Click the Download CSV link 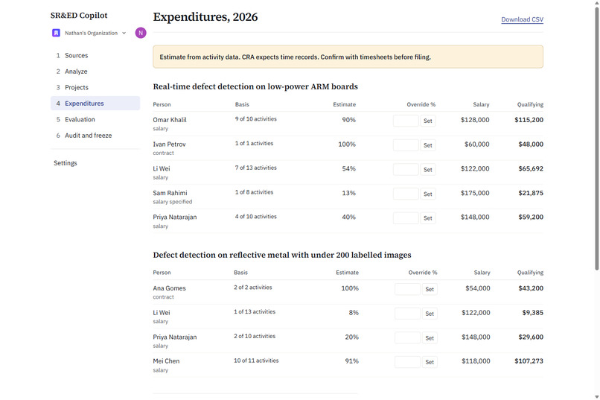pyautogui.click(x=522, y=19)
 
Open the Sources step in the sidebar pyautogui.click(x=76, y=56)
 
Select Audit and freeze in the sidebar pyautogui.click(x=88, y=136)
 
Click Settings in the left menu pyautogui.click(x=66, y=163)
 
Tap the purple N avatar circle pyautogui.click(x=141, y=33)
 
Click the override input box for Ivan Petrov pyautogui.click(x=406, y=145)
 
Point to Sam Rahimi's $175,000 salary pyautogui.click(x=475, y=193)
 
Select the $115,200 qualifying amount pyautogui.click(x=529, y=120)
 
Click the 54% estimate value pyautogui.click(x=348, y=168)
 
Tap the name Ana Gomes pyautogui.click(x=169, y=288)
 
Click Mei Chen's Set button pyautogui.click(x=430, y=362)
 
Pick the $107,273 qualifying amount pyautogui.click(x=529, y=361)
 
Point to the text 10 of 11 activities pyautogui.click(x=256, y=361)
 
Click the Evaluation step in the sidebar pyautogui.click(x=80, y=119)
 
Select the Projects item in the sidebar pyautogui.click(x=77, y=87)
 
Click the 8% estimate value pyautogui.click(x=354, y=313)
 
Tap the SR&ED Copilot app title pyautogui.click(x=79, y=16)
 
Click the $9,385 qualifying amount pyautogui.click(x=533, y=313)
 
